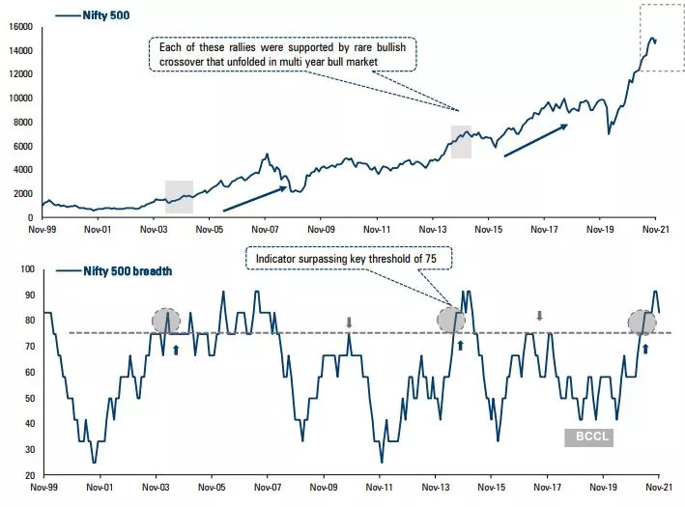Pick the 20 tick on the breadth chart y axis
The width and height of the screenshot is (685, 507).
27,476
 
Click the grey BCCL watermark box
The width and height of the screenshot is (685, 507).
588,437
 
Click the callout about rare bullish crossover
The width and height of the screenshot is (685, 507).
282,53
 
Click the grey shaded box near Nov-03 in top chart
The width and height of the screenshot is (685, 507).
179,196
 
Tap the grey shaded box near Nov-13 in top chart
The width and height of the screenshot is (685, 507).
461,141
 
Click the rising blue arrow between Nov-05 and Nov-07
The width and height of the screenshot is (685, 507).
255,199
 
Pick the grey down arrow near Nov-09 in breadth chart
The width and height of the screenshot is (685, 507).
350,322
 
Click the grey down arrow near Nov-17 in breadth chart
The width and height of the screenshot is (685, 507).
540,316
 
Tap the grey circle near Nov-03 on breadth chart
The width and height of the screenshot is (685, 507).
166,321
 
